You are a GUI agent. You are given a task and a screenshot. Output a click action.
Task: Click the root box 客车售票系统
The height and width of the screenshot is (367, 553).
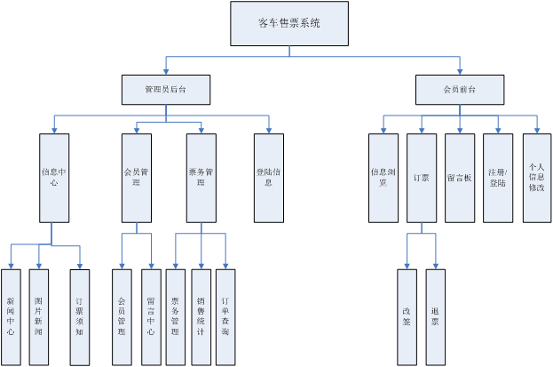tap(289, 23)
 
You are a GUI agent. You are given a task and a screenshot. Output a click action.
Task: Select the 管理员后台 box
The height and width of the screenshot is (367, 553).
tap(166, 90)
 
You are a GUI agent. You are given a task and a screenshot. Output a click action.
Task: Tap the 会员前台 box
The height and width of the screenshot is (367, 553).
tap(460, 90)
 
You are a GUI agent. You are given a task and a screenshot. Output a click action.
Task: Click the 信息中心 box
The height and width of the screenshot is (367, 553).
tap(54, 178)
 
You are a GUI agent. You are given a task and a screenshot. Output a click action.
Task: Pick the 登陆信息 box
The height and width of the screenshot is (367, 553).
tap(269, 178)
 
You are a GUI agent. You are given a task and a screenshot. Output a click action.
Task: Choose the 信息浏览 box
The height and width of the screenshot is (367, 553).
tap(383, 178)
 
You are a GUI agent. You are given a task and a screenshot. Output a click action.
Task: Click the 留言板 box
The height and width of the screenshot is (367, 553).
tap(460, 178)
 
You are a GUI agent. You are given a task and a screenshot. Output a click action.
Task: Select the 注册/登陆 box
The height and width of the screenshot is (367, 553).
tap(498, 178)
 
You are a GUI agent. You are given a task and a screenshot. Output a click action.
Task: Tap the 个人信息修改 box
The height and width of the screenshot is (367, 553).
tap(537, 178)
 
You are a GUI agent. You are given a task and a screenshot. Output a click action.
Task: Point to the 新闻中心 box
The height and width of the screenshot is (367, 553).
tap(11, 317)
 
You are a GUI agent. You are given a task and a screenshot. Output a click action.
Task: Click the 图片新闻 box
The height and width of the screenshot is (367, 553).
tap(39, 317)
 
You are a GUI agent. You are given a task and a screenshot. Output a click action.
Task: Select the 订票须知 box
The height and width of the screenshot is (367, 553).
tap(80, 317)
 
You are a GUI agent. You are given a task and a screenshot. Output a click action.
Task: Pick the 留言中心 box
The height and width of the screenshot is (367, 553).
tap(151, 317)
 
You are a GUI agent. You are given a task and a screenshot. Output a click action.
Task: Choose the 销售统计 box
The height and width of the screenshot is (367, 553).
tap(201, 317)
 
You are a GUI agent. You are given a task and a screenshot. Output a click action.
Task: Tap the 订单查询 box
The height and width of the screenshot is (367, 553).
tap(225, 317)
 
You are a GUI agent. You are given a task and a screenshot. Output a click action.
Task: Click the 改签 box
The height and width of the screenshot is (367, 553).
tap(407, 317)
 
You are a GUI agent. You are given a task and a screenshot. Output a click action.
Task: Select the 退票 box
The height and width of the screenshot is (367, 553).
tap(436, 317)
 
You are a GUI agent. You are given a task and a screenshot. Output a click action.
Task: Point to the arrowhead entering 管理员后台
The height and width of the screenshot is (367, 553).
tap(166, 72)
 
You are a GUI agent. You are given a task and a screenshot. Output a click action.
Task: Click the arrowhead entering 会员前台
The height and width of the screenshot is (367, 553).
tap(460, 72)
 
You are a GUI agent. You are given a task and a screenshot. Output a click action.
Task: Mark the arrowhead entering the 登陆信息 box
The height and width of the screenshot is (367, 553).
tap(269, 131)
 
